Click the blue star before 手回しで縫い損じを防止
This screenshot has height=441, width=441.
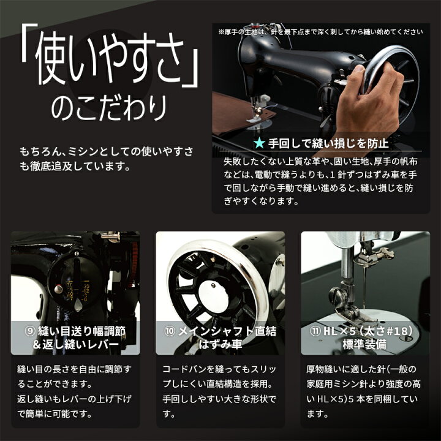[x=259, y=145]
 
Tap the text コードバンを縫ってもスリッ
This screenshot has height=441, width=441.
[x=219, y=370]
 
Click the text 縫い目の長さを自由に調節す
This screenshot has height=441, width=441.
[x=75, y=370]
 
